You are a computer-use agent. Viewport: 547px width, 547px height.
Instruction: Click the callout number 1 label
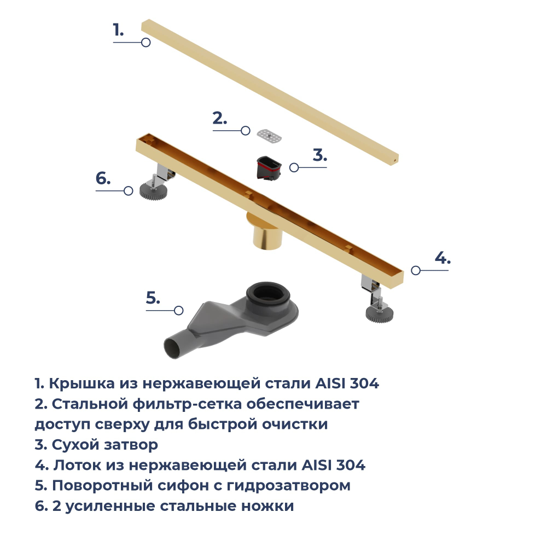pyautogui.click(x=118, y=30)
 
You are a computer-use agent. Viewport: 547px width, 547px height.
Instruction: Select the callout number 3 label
pyautogui.click(x=320, y=155)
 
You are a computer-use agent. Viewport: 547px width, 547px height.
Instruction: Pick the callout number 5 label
pyautogui.click(x=153, y=298)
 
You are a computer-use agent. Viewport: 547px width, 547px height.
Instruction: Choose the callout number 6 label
pyautogui.click(x=103, y=178)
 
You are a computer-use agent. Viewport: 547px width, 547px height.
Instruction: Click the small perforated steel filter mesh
pyautogui.click(x=270, y=136)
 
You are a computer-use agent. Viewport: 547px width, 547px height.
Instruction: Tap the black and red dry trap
pyautogui.click(x=269, y=167)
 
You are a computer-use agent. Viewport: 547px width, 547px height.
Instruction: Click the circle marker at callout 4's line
pyautogui.click(x=416, y=270)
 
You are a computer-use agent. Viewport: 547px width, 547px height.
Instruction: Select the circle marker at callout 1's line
pyautogui.click(x=146, y=42)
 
